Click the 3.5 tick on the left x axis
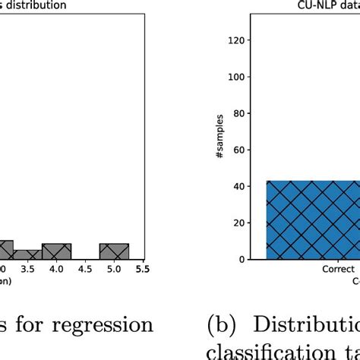(x=28, y=268)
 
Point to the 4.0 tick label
(x=56, y=268)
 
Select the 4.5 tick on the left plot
(x=85, y=268)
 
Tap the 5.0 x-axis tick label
(x=114, y=268)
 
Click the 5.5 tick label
(x=141, y=268)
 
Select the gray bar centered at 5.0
(x=114, y=251)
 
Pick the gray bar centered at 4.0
(x=56, y=251)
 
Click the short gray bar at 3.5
(x=27, y=254)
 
